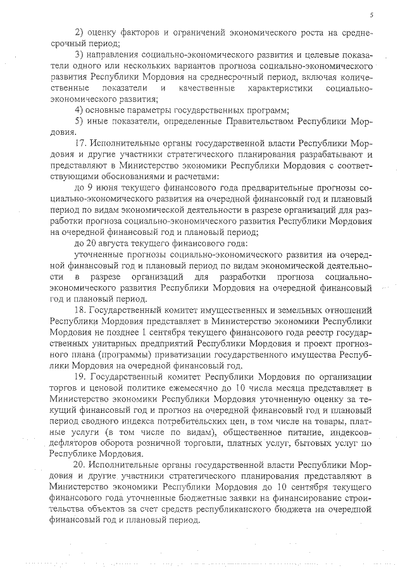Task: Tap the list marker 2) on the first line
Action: coord(80,32)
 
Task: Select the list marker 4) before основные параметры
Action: coord(80,110)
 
